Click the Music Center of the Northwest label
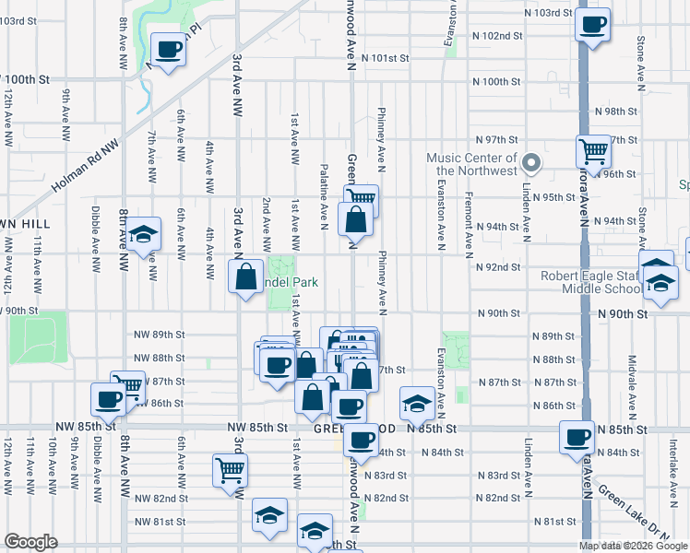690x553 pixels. click(471, 164)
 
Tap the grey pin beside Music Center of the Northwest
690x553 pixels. click(531, 163)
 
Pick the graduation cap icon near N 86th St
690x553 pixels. click(417, 403)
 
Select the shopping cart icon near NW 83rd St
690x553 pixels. click(230, 469)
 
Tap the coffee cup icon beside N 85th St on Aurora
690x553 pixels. click(577, 437)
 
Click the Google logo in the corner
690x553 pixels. click(31, 542)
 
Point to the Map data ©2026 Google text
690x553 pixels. click(632, 546)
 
